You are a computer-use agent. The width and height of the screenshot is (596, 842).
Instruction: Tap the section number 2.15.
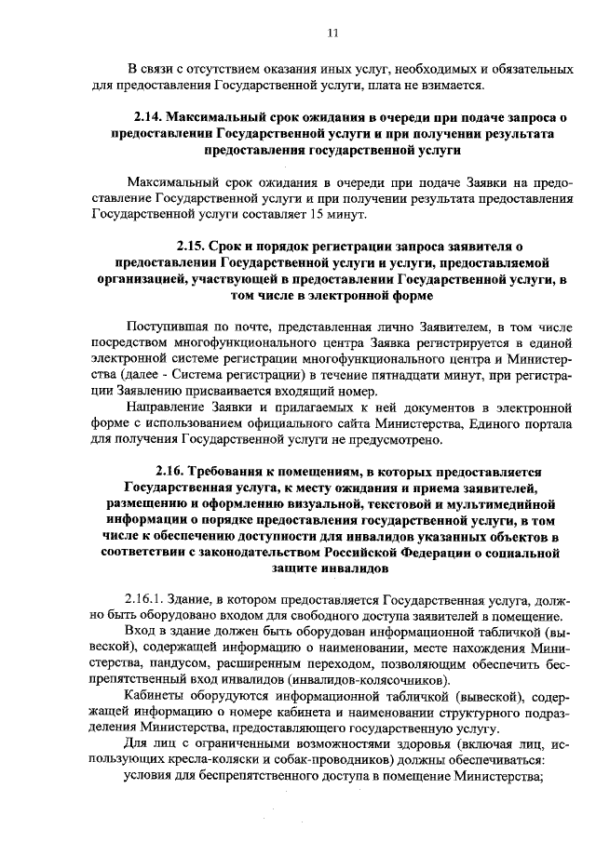(196, 247)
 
